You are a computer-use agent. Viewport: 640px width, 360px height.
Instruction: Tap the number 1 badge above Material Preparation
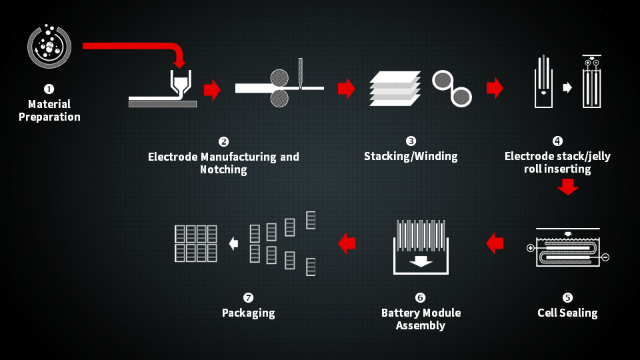[49, 88]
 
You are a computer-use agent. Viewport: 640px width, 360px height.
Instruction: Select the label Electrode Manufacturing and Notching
[223, 163]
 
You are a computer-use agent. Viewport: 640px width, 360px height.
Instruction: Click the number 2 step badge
[223, 141]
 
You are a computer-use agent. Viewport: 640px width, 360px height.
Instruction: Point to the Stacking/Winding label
[411, 157]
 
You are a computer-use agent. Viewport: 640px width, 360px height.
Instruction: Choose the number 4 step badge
[557, 141]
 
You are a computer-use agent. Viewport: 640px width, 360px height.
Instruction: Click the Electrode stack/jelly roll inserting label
[557, 163]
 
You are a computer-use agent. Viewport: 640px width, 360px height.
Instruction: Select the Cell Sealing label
[567, 313]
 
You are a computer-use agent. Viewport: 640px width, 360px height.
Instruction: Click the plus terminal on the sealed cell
[531, 249]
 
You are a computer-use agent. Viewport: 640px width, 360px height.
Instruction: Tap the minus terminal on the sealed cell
[605, 257]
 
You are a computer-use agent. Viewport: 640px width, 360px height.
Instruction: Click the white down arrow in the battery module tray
[421, 261]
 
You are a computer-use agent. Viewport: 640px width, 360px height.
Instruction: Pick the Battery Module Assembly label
[421, 319]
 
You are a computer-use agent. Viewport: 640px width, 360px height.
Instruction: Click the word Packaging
[248, 313]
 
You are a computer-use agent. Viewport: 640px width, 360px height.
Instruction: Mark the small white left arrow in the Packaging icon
[233, 244]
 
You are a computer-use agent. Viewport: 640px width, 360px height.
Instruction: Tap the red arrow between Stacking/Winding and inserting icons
[495, 88]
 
